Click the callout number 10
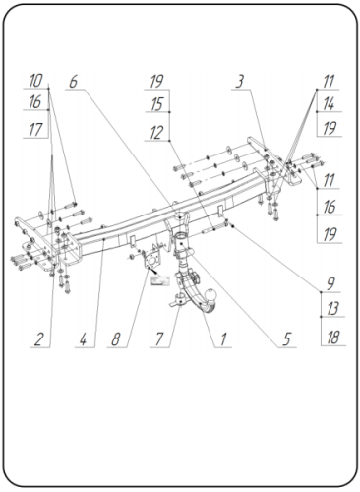tap(35, 80)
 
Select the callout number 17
tap(35, 128)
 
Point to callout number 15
tap(156, 104)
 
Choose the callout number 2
tap(37, 340)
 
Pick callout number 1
tap(224, 340)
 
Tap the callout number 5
tap(286, 340)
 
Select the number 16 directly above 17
tap(35, 103)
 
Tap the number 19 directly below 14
tap(329, 129)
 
